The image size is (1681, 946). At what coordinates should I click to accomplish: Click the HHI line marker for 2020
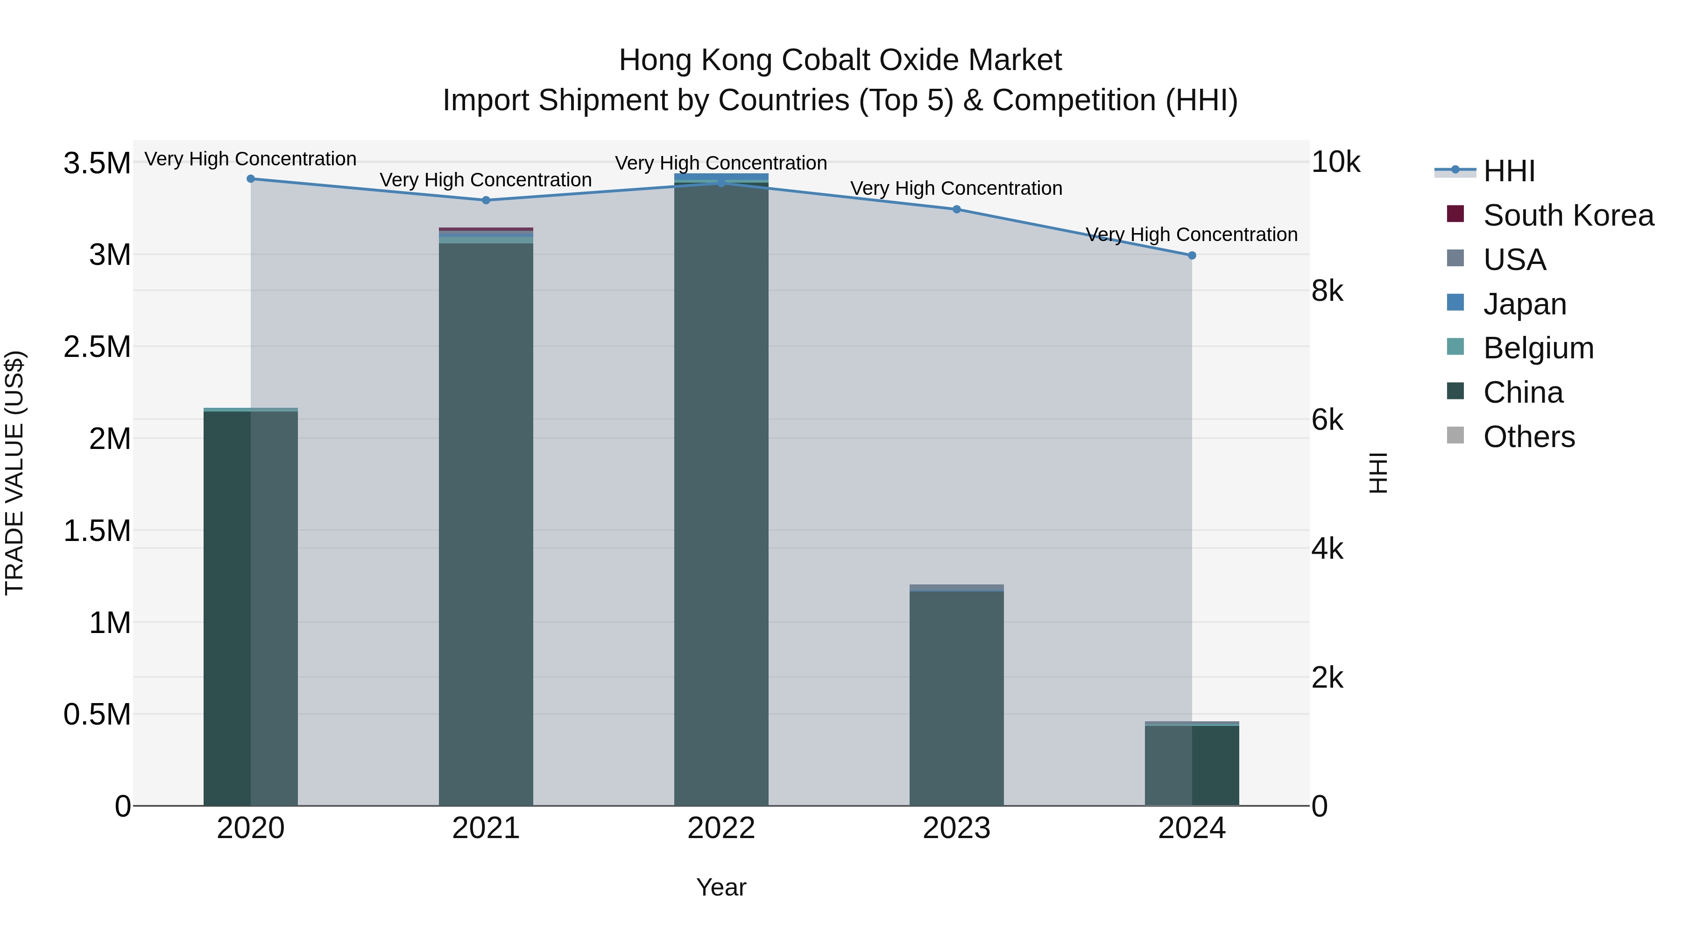pos(251,179)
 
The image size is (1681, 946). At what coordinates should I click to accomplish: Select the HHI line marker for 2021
pos(486,200)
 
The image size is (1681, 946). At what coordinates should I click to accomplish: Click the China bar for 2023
pos(957,698)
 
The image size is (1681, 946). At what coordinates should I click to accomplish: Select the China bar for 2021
pos(486,522)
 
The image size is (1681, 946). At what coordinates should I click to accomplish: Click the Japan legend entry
pos(1525,304)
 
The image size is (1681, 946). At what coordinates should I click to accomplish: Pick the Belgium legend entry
pos(1538,349)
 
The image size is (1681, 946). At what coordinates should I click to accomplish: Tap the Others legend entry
pos(1529,437)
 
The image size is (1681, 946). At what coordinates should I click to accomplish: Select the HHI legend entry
pos(1509,171)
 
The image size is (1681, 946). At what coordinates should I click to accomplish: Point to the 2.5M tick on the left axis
pos(97,347)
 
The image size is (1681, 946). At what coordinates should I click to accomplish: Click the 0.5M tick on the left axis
pos(97,715)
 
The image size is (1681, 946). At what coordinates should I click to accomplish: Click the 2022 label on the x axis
pos(721,828)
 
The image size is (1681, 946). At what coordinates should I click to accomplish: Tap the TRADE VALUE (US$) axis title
pos(14,473)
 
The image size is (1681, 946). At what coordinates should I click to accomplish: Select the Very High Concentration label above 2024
pos(1192,235)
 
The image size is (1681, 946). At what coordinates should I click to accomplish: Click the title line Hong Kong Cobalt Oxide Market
pos(840,60)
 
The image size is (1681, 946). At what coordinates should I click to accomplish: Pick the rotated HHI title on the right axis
pos(1378,473)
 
